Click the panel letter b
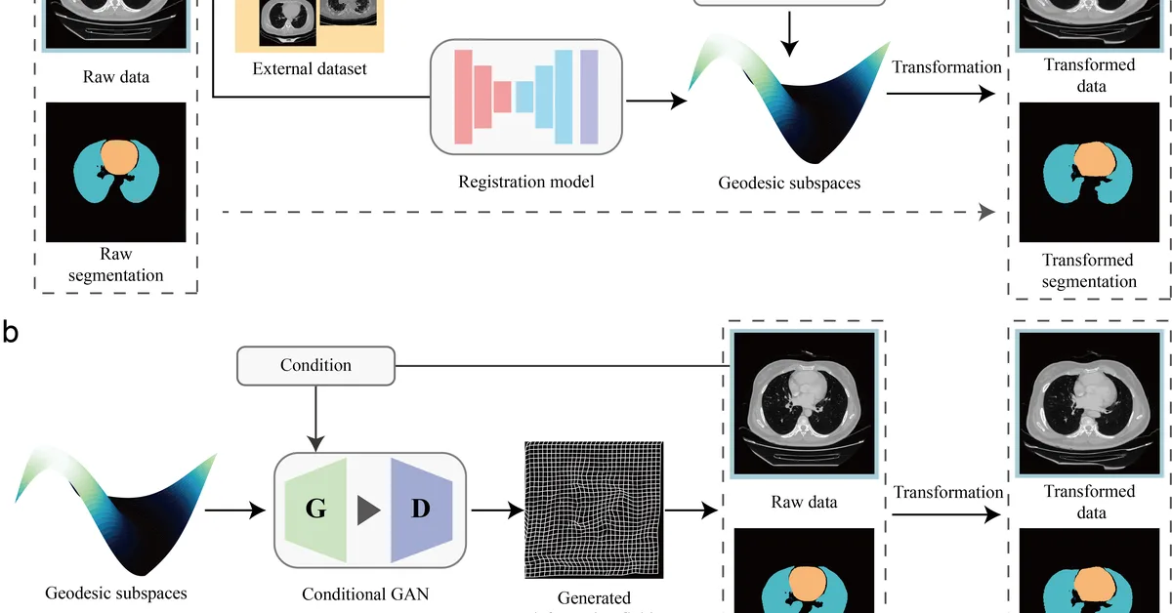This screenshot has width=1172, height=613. (11, 333)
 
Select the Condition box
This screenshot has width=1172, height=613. (315, 365)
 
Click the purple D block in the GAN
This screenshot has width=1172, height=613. (421, 510)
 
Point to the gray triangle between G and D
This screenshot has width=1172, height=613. (368, 511)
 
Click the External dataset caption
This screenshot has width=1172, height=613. (310, 68)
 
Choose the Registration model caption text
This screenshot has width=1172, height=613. (525, 181)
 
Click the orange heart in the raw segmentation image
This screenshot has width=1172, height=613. (118, 156)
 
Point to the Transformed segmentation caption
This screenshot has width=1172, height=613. (1089, 270)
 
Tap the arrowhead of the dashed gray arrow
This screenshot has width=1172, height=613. (987, 212)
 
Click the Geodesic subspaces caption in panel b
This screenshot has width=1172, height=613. (116, 593)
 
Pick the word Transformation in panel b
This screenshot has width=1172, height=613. (948, 492)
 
